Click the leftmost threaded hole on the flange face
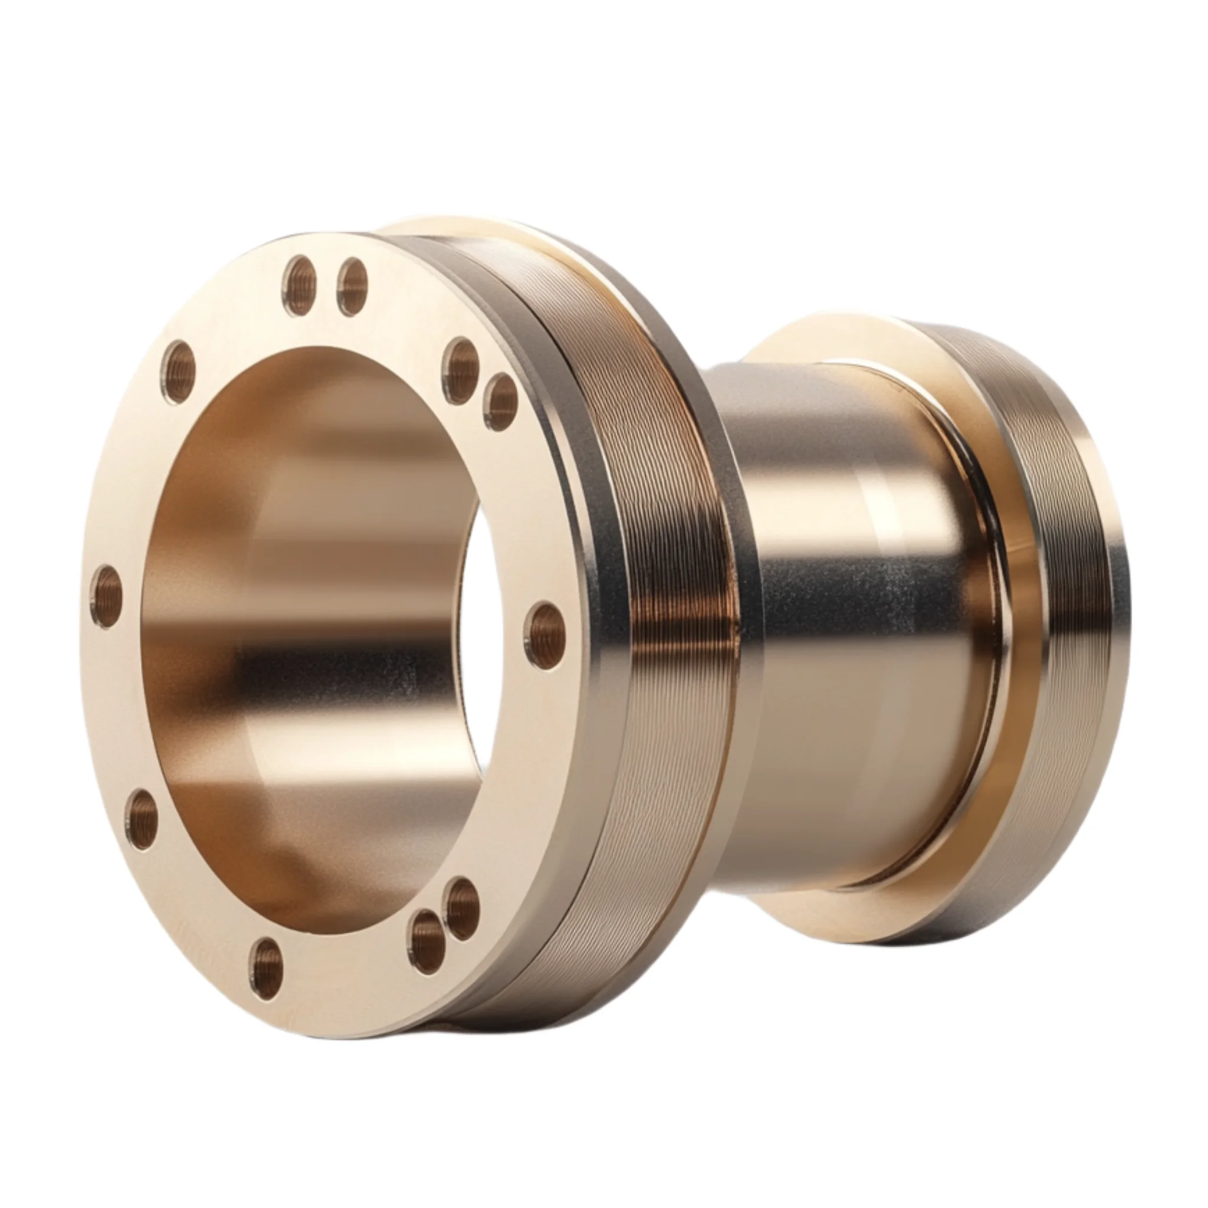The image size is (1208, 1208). [x=106, y=596]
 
